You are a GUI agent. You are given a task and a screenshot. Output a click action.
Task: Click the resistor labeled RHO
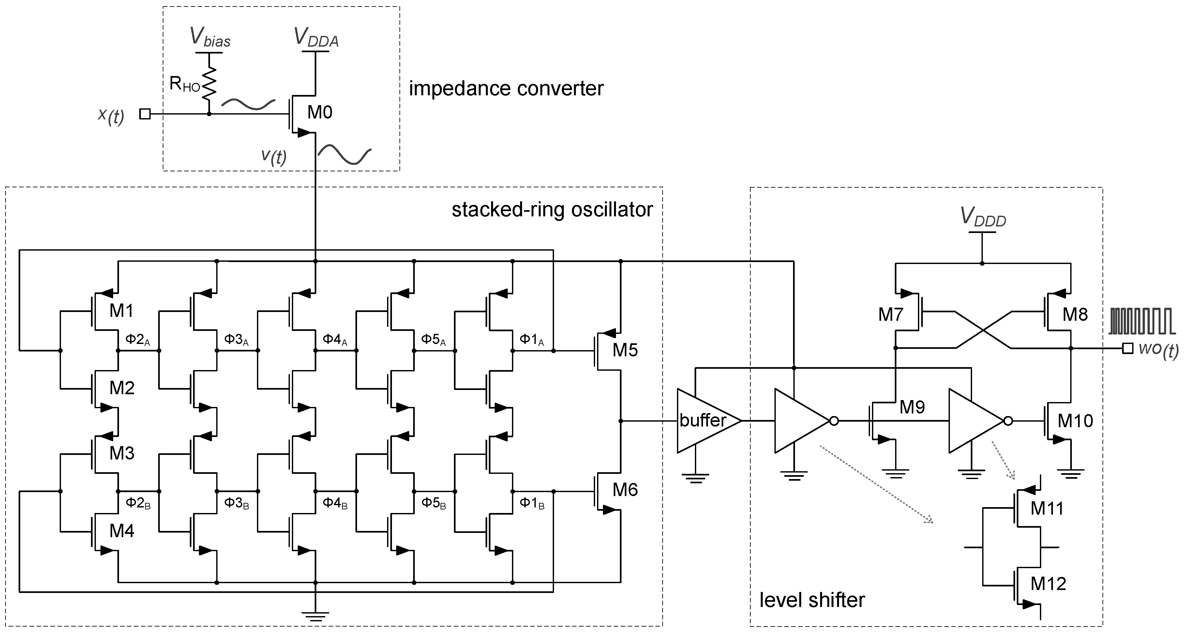(x=209, y=83)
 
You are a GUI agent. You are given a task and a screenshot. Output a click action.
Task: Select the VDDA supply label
(x=316, y=38)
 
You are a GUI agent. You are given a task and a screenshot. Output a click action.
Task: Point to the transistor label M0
(x=319, y=112)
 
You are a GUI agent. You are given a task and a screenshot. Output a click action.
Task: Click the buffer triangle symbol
(x=704, y=421)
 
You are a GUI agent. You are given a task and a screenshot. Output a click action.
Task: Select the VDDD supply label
(x=982, y=217)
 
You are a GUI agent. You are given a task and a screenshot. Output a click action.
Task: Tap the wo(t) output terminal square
(x=1128, y=349)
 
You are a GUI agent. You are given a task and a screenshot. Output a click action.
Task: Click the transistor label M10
(x=1075, y=421)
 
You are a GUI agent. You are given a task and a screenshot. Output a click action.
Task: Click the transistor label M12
(x=1048, y=583)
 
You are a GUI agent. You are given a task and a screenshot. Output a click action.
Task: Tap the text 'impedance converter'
(x=506, y=88)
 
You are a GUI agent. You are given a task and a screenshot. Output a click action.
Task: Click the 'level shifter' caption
(x=812, y=600)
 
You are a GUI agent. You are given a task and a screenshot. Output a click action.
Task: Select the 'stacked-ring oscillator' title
(x=552, y=210)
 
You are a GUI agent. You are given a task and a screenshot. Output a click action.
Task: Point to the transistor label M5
(x=625, y=350)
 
